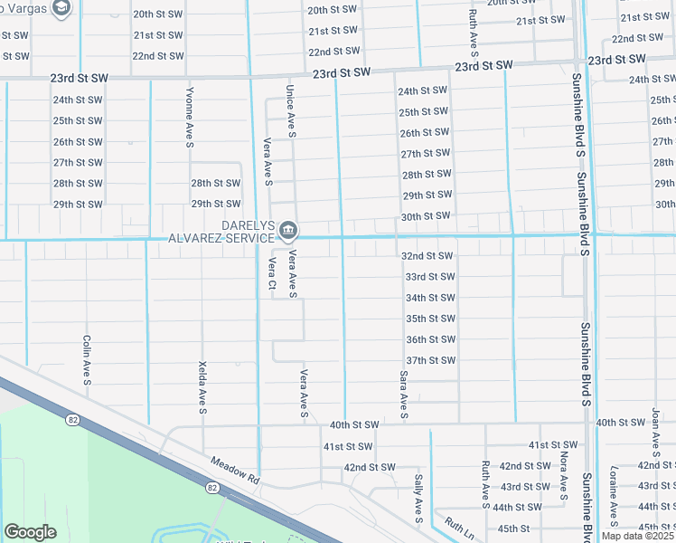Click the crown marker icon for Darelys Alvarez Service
tap(287, 228)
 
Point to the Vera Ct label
tap(271, 275)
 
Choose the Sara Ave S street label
tap(403, 394)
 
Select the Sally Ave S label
tap(418, 498)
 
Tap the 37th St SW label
tap(429, 360)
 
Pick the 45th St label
tap(512, 529)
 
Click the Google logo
tap(30, 532)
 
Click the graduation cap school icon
tap(61, 8)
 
